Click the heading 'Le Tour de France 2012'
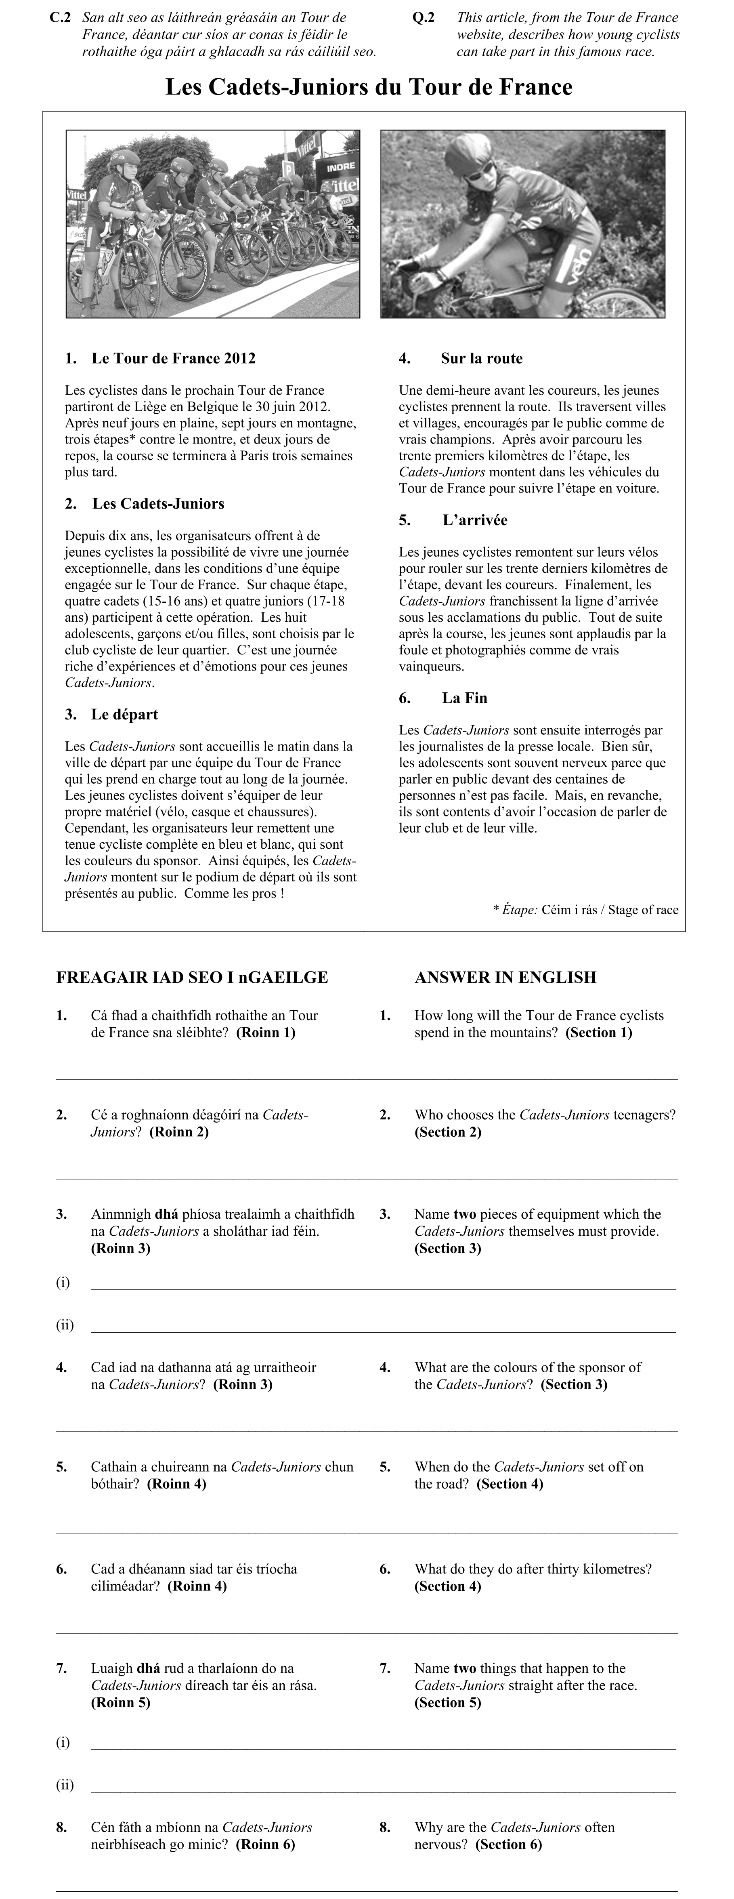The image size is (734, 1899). [173, 359]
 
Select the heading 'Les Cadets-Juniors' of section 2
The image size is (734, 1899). [158, 504]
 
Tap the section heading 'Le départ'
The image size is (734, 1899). [124, 714]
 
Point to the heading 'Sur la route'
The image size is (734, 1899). [481, 359]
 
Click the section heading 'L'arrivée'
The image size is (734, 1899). [474, 520]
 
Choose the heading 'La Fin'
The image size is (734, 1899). [464, 698]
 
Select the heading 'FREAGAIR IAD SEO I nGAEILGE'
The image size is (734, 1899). [192, 978]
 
